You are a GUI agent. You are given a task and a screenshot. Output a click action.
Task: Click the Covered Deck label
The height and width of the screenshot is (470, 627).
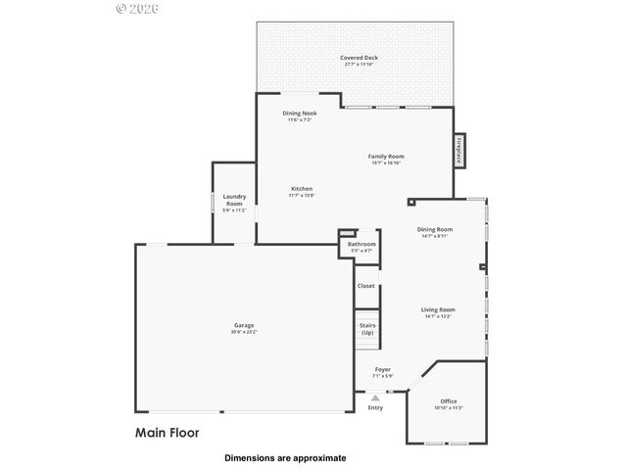point(359,58)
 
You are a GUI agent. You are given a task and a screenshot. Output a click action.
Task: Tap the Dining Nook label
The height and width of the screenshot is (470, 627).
point(299,114)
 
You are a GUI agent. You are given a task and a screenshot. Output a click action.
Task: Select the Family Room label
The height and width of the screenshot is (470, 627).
point(386,157)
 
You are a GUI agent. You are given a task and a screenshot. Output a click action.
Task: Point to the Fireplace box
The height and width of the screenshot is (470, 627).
point(458,150)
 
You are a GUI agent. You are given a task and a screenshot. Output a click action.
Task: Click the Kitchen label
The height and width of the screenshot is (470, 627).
point(301,189)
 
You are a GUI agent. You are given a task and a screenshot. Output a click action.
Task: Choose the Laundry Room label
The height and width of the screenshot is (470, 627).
point(234,200)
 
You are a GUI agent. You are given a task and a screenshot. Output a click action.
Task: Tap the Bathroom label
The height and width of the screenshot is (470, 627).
point(362,244)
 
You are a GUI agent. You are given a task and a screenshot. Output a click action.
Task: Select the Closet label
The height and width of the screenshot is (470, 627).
point(365,286)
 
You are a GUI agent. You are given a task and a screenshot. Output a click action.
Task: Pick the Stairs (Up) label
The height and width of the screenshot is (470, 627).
point(367,329)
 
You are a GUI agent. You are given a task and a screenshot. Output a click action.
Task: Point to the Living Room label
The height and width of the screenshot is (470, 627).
point(436,310)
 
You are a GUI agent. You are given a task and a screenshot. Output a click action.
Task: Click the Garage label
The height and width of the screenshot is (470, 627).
point(244,325)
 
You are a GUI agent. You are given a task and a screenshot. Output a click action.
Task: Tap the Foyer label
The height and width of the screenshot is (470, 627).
point(382,369)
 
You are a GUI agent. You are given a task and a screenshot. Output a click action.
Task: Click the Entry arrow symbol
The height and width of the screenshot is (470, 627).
point(374,397)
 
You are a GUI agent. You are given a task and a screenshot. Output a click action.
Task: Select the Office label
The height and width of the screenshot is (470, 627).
point(448,400)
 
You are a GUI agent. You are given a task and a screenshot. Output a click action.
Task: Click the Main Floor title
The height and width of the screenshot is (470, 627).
point(167,431)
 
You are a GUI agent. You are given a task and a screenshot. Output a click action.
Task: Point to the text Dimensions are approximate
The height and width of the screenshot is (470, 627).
point(285,457)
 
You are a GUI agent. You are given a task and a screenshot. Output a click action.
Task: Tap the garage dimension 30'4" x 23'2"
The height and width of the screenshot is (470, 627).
point(244,332)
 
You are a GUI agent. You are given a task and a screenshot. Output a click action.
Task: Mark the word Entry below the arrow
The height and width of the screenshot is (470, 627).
point(375,407)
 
